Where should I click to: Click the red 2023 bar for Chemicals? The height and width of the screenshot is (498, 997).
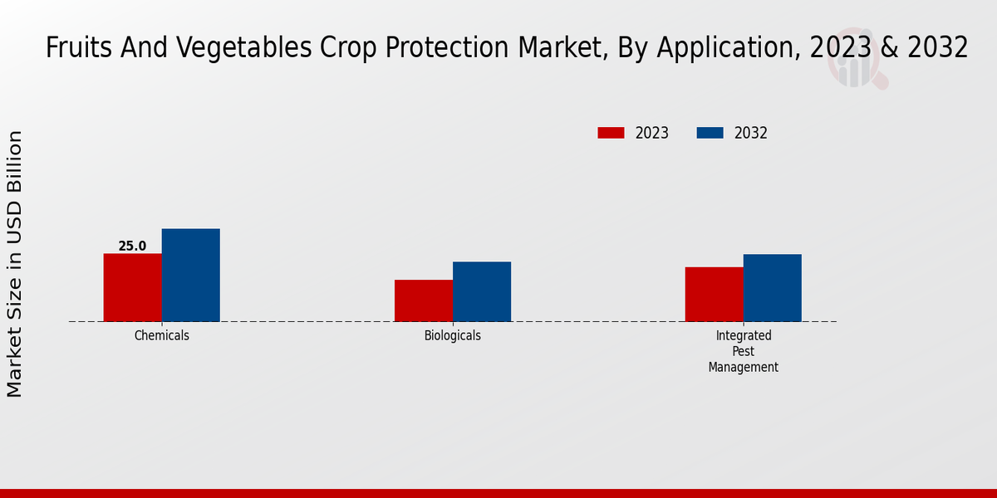tap(132, 287)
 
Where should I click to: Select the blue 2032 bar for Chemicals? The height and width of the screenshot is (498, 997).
tap(190, 275)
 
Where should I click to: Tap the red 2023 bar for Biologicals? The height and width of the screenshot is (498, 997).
tap(423, 300)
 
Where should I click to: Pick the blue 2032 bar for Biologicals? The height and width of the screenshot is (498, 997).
tap(481, 291)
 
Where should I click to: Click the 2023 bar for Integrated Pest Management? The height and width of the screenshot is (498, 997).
tap(714, 294)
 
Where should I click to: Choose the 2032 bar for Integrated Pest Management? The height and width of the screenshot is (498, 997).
tap(772, 287)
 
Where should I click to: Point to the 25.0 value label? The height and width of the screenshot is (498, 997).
tap(132, 246)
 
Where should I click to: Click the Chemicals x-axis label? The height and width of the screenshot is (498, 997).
tap(161, 335)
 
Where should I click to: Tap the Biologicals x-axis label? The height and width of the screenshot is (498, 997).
tap(452, 335)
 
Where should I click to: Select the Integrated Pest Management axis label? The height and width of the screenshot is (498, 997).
tap(743, 351)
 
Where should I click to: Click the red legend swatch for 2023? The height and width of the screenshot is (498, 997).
tap(611, 133)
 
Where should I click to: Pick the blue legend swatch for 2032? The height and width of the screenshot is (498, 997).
tap(710, 133)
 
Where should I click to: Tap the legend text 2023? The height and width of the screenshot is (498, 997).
tap(651, 133)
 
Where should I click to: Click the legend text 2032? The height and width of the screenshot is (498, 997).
tap(750, 133)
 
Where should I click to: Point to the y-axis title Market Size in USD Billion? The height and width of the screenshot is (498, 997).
tap(15, 264)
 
